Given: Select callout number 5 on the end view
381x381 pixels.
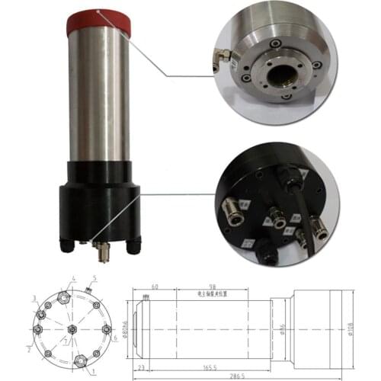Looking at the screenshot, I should coord(94,278).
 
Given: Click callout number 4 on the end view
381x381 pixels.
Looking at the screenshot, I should coord(73,278).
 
